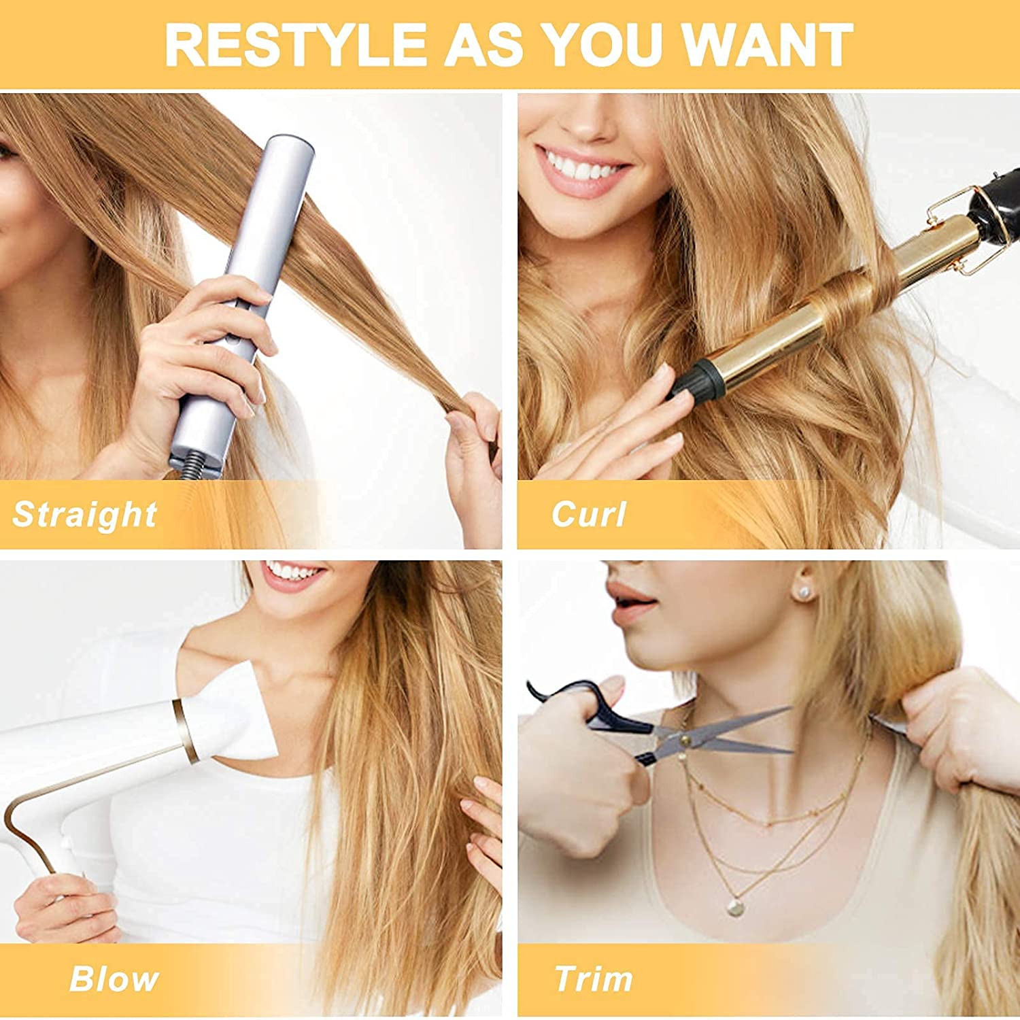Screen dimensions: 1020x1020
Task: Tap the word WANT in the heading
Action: pyautogui.click(x=767, y=45)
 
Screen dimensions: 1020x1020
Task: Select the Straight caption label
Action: pyautogui.click(x=85, y=515)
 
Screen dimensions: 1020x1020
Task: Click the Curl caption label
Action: pyautogui.click(x=589, y=514)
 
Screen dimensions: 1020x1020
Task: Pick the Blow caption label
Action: pyautogui.click(x=114, y=979)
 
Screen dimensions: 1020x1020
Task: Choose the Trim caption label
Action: pyautogui.click(x=594, y=979)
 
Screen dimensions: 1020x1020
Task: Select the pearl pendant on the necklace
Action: pyautogui.click(x=734, y=906)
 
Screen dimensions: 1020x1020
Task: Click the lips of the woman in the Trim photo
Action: pyautogui.click(x=632, y=602)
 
